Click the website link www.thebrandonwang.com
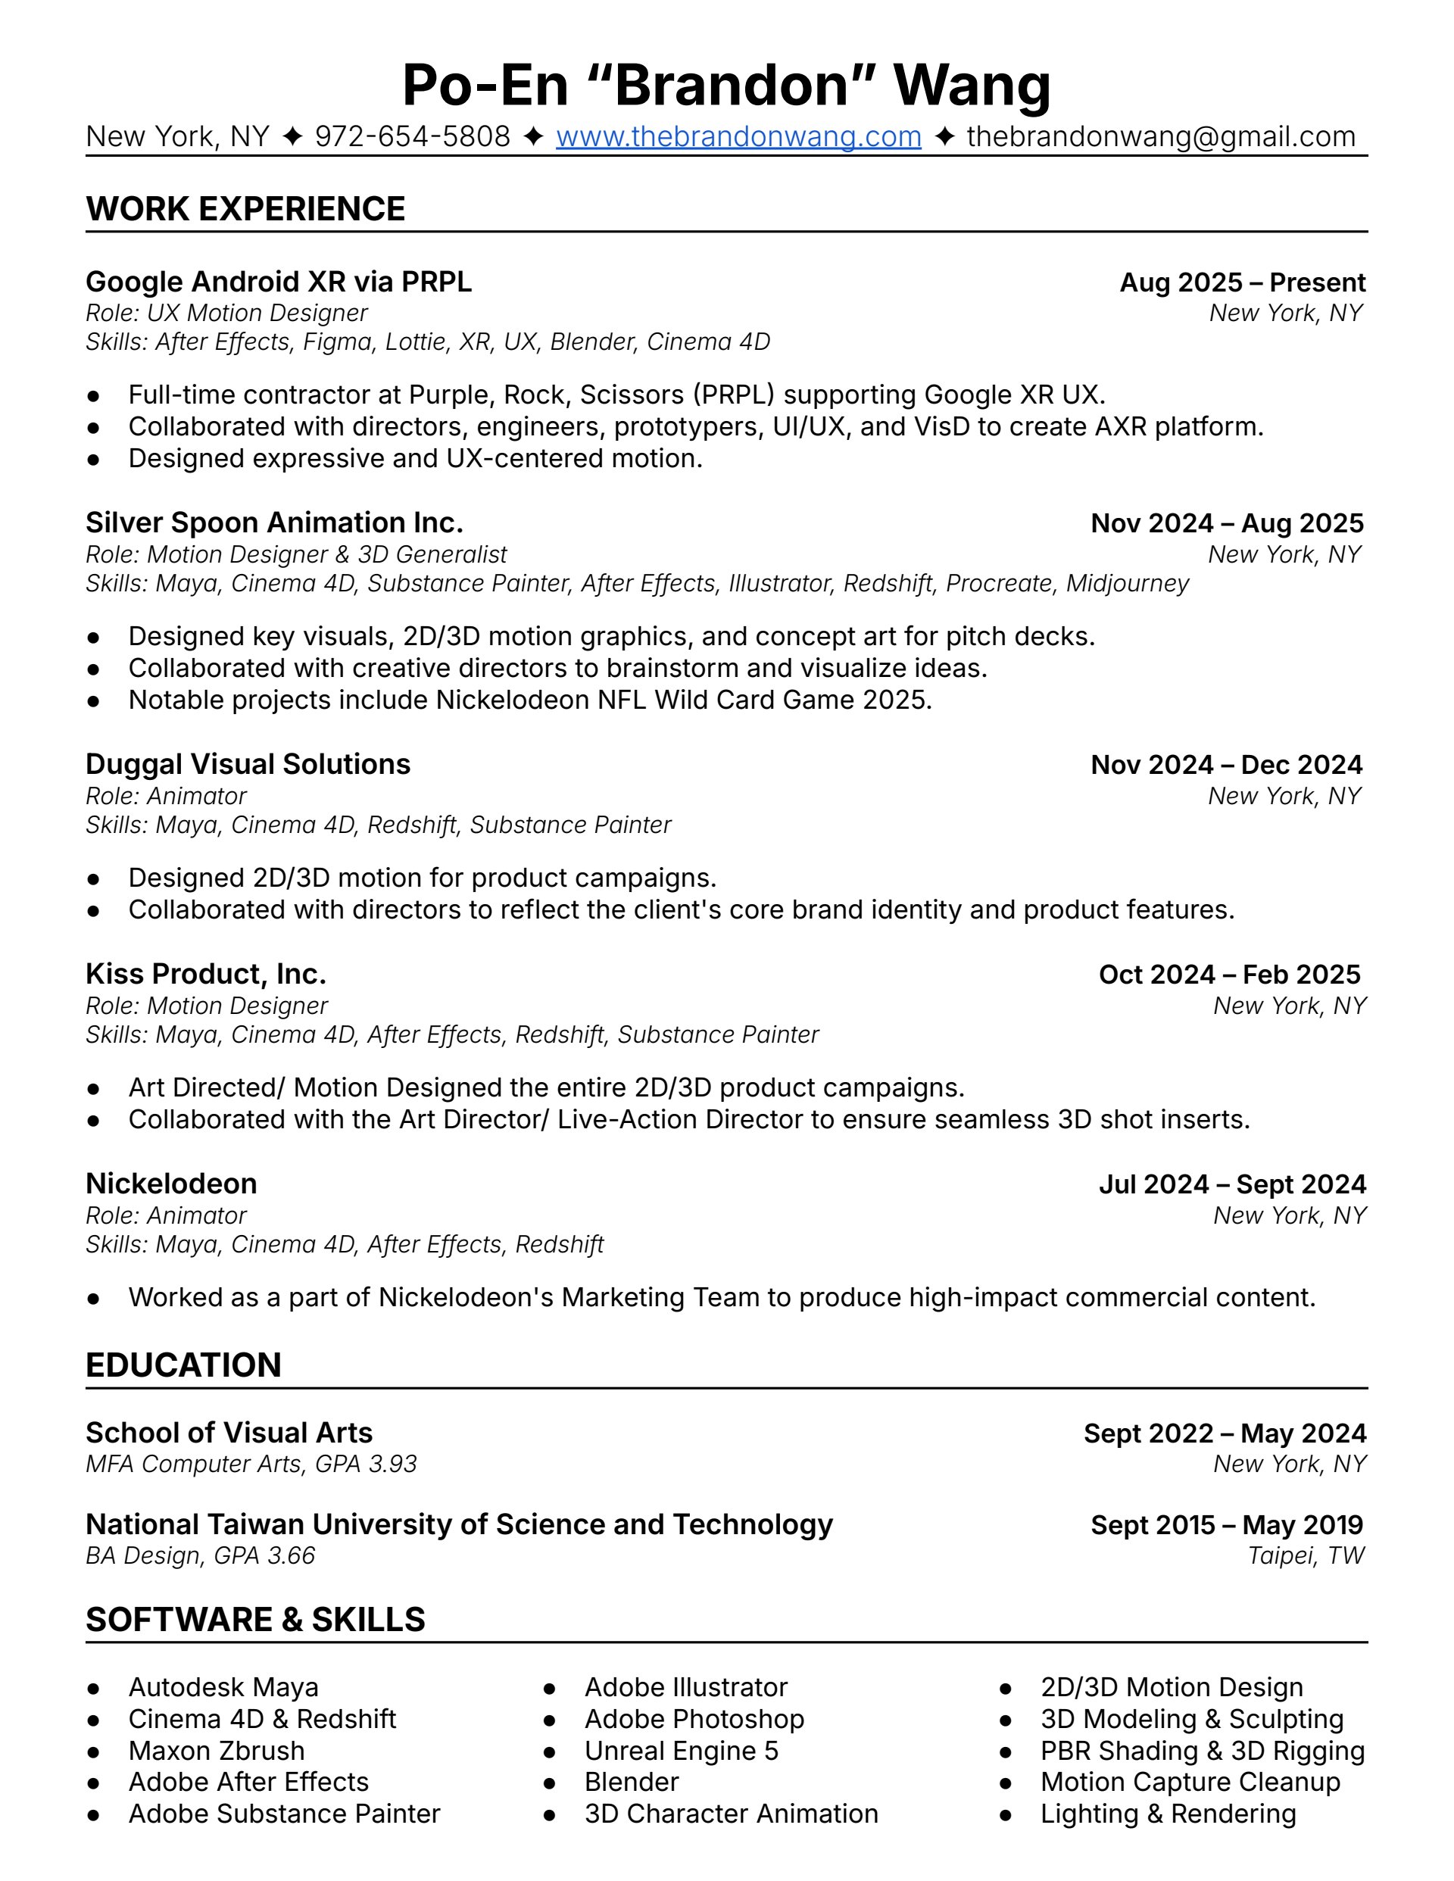pyautogui.click(x=738, y=137)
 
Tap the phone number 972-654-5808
pyautogui.click(x=412, y=137)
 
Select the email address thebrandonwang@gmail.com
pyautogui.click(x=1160, y=137)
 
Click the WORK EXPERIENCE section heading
pyautogui.click(x=245, y=209)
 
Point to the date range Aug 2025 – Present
pyautogui.click(x=1242, y=282)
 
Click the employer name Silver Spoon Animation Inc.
pyautogui.click(x=274, y=522)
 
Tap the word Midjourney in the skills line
pyautogui.click(x=1127, y=583)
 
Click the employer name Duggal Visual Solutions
pyautogui.click(x=248, y=764)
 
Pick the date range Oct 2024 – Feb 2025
pyautogui.click(x=1229, y=974)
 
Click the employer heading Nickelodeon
pyautogui.click(x=171, y=1184)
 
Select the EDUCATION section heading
pyautogui.click(x=183, y=1365)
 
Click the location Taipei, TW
pyautogui.click(x=1306, y=1555)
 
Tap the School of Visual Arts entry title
pyautogui.click(x=229, y=1432)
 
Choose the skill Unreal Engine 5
pyautogui.click(x=681, y=1750)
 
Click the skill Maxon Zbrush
pyautogui.click(x=216, y=1750)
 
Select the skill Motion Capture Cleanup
pyautogui.click(x=1190, y=1781)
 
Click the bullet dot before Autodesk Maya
pyautogui.click(x=94, y=1688)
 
